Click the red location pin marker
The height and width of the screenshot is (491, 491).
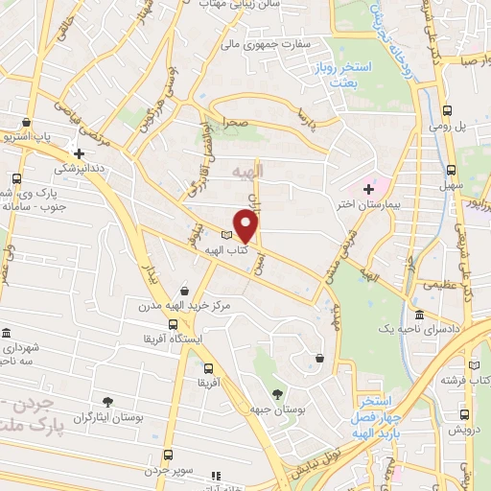point(246,227)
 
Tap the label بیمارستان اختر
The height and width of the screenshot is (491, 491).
point(392,203)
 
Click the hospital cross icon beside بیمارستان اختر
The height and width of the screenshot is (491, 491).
point(368,189)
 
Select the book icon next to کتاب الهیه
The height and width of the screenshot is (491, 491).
point(227,235)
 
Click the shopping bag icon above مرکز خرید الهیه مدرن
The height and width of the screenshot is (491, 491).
point(184,291)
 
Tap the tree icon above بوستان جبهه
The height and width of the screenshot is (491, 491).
point(278,394)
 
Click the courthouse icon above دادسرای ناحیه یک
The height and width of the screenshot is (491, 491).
point(419,315)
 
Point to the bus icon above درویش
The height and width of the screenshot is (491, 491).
point(464,414)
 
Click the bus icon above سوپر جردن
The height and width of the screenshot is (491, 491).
point(168,455)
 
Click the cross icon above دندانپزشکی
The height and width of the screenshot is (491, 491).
point(79,152)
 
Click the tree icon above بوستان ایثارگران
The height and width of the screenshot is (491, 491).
point(106,402)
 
